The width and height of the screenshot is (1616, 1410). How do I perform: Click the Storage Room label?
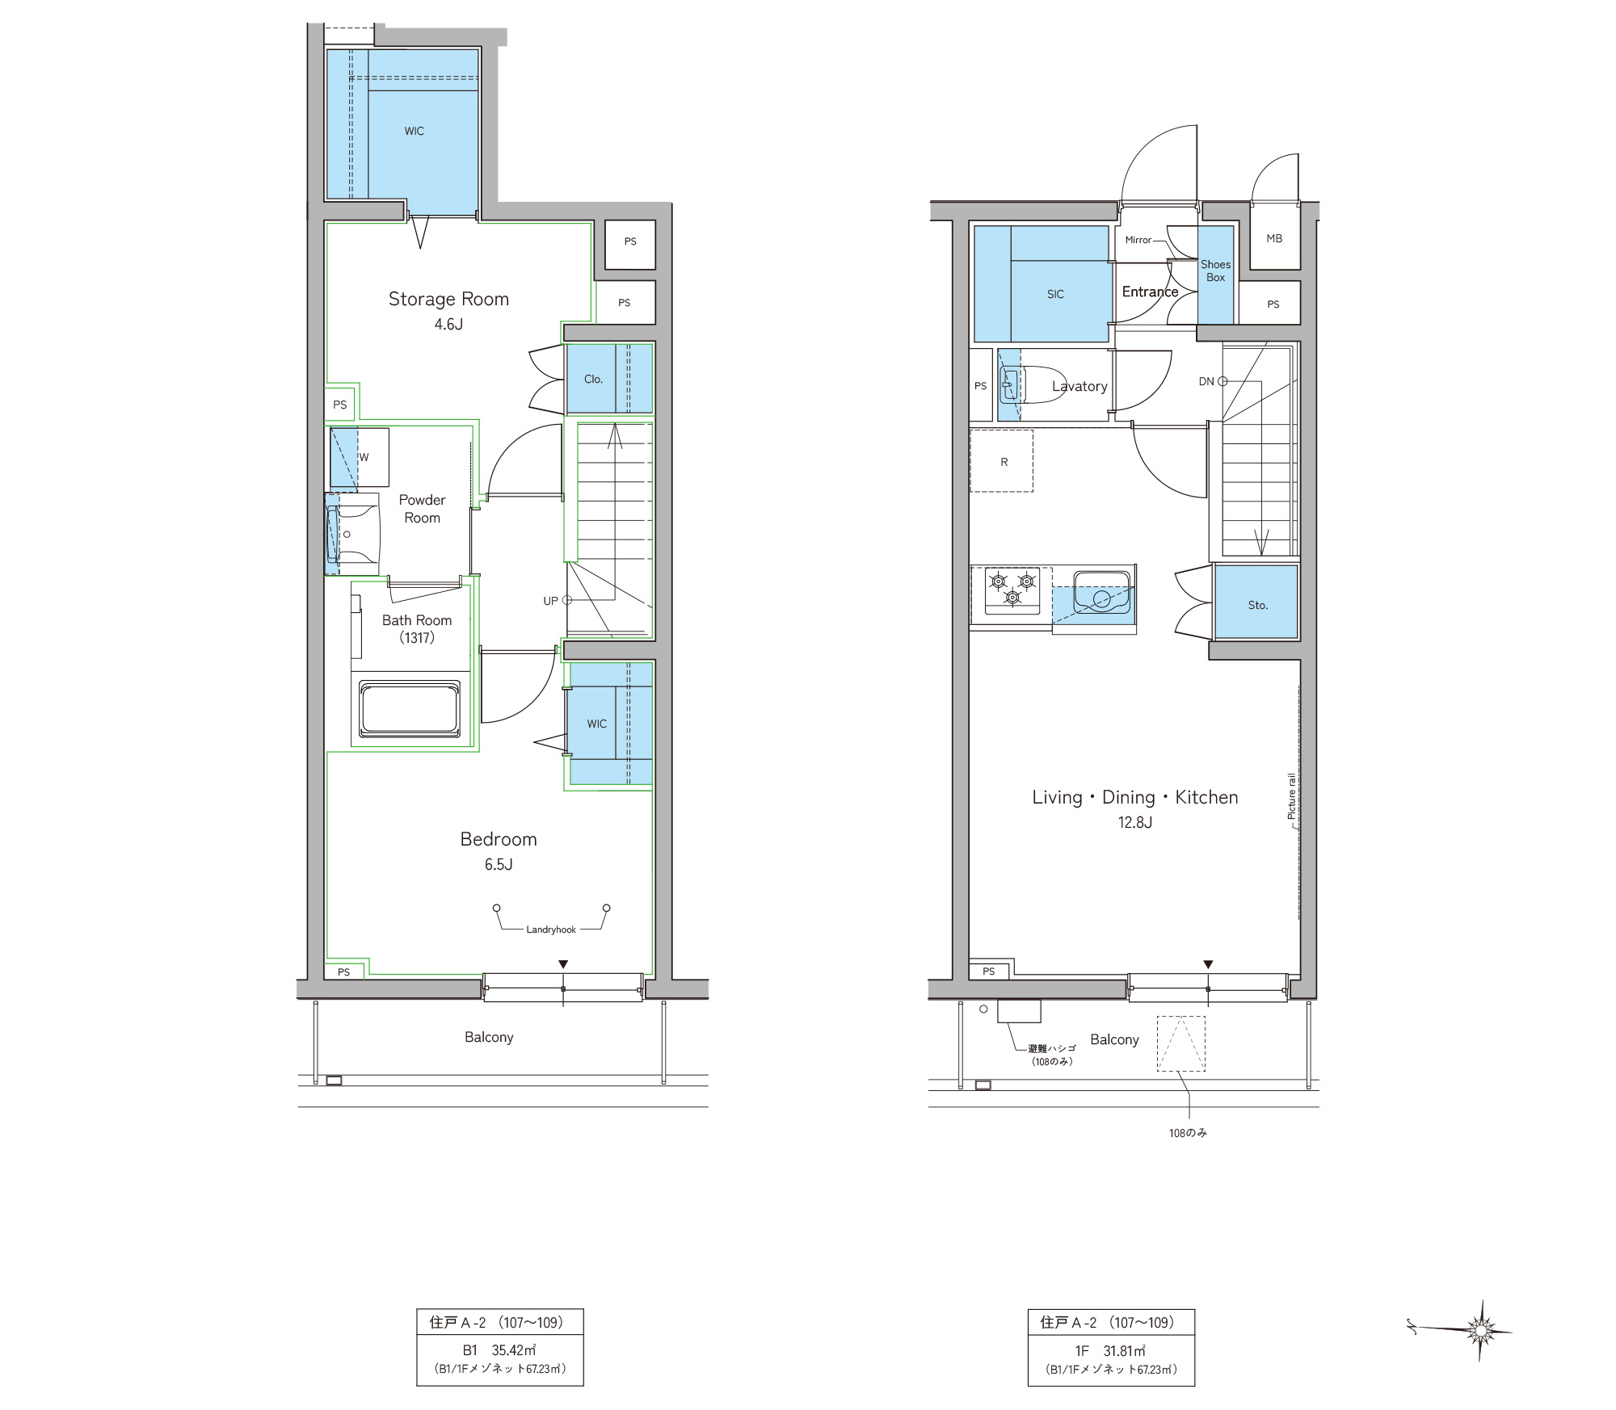pos(448,300)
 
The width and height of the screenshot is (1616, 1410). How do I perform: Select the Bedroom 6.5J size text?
pos(499,865)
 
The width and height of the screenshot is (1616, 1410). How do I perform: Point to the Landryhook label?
pos(551,930)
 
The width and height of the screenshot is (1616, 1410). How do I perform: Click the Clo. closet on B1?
pos(609,379)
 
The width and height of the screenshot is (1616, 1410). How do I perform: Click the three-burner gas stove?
pos(1012,590)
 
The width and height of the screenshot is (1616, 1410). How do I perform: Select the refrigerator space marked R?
pos(1002,461)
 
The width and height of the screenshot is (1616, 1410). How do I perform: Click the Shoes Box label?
pos(1215,271)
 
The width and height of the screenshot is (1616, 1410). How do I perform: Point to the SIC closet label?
pos(1055,295)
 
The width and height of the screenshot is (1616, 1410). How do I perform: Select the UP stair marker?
pos(557,601)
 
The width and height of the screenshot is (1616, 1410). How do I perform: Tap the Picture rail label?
pos(1292,796)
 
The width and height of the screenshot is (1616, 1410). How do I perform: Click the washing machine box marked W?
pos(360,457)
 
